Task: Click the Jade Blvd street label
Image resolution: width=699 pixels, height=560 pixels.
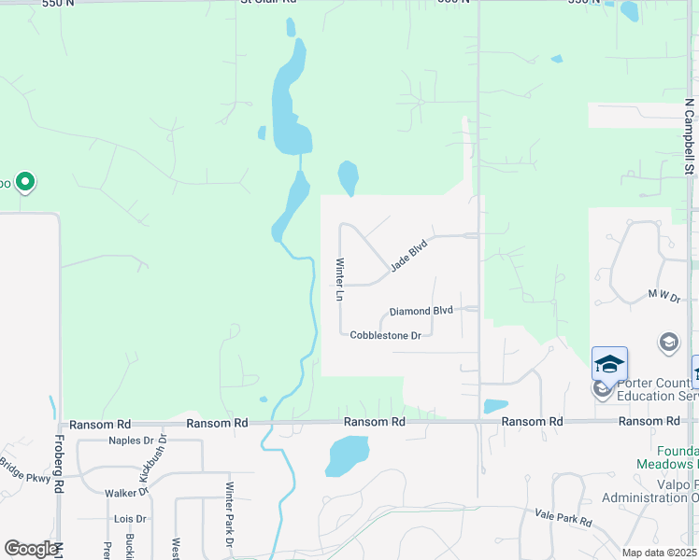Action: tap(408, 254)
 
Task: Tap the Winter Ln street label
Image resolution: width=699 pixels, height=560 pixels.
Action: tap(340, 279)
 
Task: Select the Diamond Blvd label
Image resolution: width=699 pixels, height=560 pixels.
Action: tap(421, 311)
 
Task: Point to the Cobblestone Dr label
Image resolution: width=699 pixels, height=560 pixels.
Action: tap(386, 335)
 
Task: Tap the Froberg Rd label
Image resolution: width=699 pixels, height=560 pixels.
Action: tap(58, 466)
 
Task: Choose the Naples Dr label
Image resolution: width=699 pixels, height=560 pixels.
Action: tap(130, 441)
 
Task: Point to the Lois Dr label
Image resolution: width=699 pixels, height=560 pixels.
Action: tap(124, 518)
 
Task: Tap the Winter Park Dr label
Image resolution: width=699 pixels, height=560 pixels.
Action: tap(228, 513)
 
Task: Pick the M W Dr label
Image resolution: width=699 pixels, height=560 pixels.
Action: tap(665, 295)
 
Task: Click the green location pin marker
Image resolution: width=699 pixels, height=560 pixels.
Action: tap(25, 182)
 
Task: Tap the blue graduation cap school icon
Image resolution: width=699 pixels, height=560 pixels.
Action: tap(609, 363)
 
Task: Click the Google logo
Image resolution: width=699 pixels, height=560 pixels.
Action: tap(31, 549)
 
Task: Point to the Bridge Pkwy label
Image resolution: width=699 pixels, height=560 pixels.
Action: tap(22, 469)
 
